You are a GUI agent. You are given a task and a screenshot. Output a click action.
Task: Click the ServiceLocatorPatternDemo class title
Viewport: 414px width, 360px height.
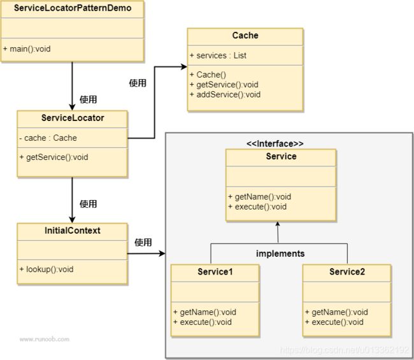[73, 8]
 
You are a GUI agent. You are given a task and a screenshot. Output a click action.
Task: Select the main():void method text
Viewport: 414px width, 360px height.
[27, 49]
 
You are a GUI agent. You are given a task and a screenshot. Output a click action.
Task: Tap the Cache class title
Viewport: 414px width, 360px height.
[245, 36]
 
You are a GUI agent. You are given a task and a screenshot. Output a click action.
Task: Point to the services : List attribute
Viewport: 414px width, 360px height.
[218, 55]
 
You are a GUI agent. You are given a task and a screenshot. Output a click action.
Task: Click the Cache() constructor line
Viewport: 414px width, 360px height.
[208, 75]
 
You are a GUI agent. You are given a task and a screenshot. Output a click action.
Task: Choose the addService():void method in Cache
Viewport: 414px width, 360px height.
[225, 94]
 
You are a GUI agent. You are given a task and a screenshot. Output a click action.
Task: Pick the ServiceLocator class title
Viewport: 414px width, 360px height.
[73, 118]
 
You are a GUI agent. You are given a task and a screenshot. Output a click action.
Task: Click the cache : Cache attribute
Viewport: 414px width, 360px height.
[48, 138]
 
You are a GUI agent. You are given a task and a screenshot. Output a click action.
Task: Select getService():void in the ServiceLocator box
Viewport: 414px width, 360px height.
[54, 157]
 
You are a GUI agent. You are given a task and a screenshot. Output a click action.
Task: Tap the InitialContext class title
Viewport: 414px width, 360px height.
[73, 230]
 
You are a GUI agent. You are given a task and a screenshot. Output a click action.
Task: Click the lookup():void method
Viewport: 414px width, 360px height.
[46, 269]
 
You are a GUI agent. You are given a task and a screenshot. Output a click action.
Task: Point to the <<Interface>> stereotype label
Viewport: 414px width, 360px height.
[275, 144]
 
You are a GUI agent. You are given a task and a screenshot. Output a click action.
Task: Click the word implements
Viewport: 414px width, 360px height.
[280, 254]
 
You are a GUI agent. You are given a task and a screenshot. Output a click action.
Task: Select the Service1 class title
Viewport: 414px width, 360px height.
[215, 271]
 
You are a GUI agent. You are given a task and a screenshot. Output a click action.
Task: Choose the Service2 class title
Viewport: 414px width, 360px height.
[347, 271]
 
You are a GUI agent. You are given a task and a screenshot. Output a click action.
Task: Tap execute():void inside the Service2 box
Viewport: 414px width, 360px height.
[334, 322]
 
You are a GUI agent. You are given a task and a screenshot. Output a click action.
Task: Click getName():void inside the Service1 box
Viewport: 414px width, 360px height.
[205, 312]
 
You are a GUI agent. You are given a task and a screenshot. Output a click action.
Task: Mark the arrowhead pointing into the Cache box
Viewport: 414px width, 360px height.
[184, 67]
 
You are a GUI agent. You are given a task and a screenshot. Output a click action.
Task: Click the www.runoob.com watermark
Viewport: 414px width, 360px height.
[45, 339]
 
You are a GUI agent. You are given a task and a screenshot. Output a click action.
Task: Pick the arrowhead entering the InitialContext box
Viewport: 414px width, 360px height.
[72, 220]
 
